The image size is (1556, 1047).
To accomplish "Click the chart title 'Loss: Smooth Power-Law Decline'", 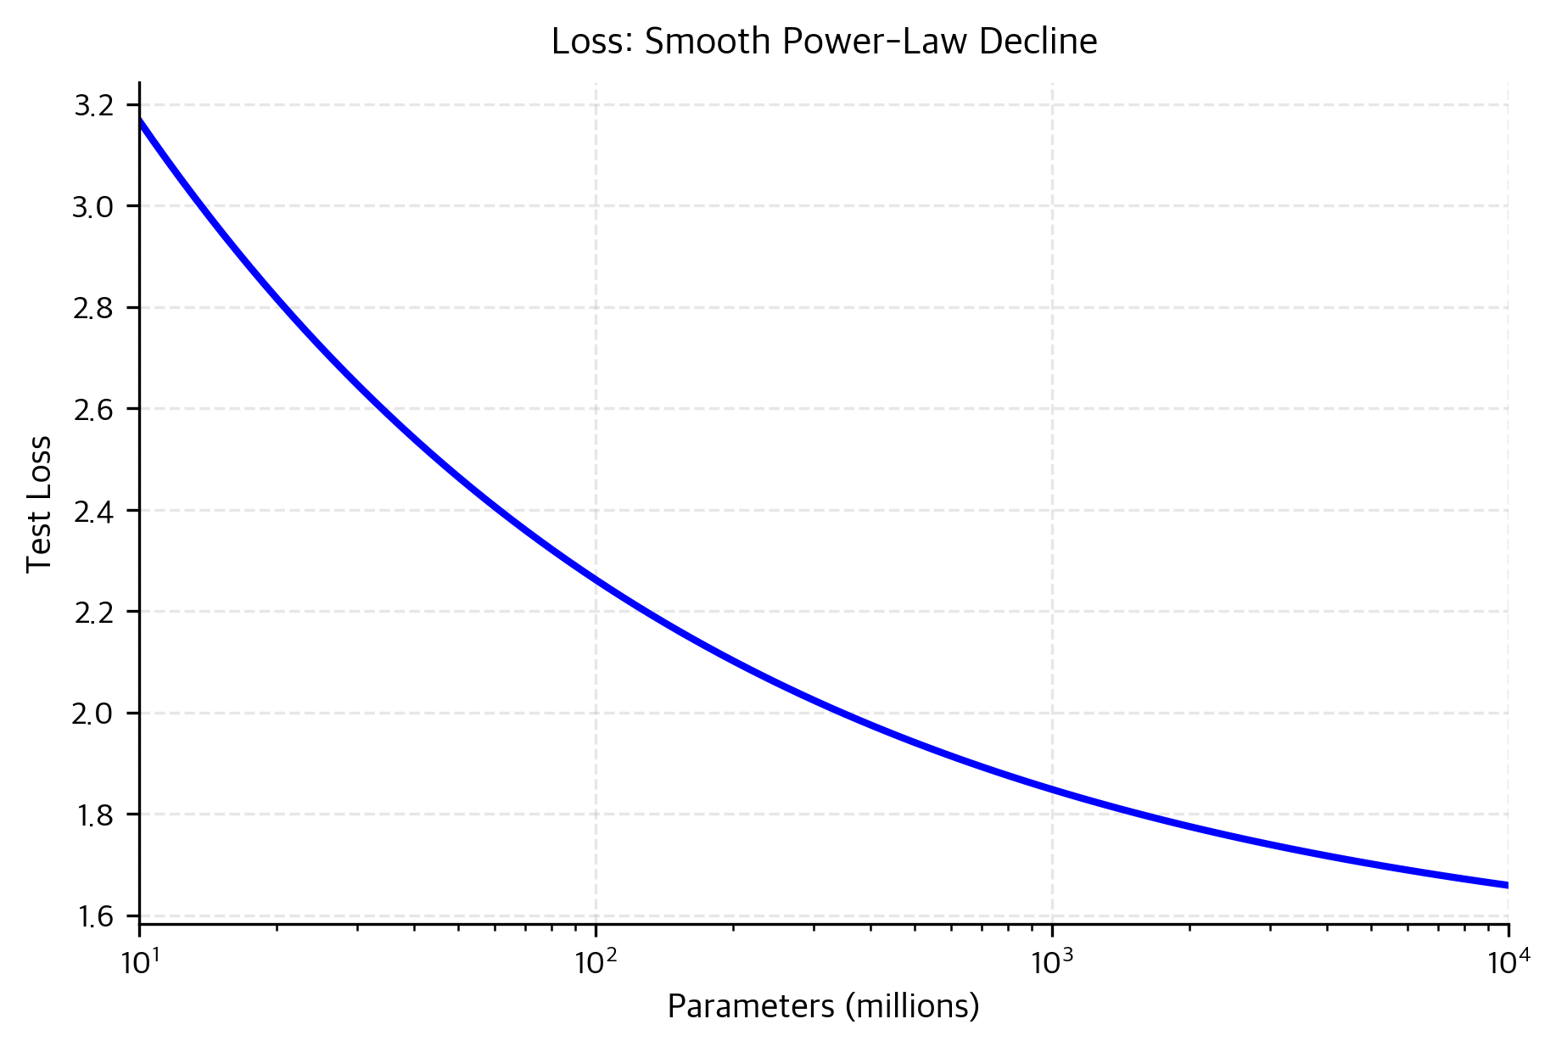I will [824, 42].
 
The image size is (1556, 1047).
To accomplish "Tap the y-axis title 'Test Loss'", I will [39, 504].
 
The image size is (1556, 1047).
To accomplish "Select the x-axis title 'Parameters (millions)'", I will [823, 1006].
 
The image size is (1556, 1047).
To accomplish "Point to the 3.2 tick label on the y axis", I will [93, 106].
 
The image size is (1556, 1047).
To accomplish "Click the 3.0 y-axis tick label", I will [93, 207].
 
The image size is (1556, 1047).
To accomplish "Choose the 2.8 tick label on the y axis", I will [93, 308].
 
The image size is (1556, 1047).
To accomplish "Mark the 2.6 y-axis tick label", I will [93, 410].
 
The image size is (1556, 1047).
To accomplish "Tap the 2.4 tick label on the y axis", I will [93, 511].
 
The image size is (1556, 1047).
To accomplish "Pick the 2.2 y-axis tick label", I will [93, 613].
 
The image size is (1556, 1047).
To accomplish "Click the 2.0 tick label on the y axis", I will [93, 714].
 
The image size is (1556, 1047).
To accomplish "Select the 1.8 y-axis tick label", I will [93, 815].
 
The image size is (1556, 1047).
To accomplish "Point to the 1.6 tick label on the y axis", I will [93, 916].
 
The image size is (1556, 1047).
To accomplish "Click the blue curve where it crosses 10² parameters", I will [596, 581].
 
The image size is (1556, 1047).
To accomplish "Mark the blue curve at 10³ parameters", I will [1052, 790].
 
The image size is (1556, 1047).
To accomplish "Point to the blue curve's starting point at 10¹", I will [141, 120].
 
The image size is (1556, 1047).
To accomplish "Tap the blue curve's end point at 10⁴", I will [1506, 885].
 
